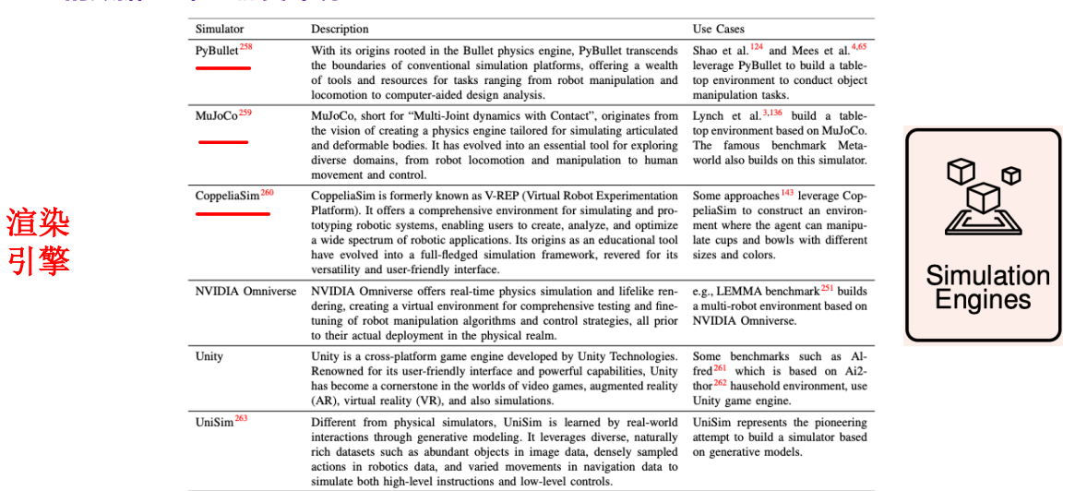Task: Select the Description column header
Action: point(340,30)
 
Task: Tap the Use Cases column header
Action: point(718,30)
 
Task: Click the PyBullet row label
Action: point(217,52)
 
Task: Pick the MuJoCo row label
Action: point(217,116)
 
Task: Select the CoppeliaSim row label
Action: point(227,197)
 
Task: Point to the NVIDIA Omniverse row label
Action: point(245,292)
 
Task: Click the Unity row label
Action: point(209,356)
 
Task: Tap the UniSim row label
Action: point(214,422)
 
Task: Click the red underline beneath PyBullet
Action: point(223,67)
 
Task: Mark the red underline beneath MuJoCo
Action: point(223,142)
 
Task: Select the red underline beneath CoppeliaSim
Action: point(233,213)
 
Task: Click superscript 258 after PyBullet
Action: point(245,47)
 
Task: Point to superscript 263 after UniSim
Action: point(241,418)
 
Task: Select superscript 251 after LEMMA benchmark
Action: point(827,288)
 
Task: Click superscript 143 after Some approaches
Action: point(787,193)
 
